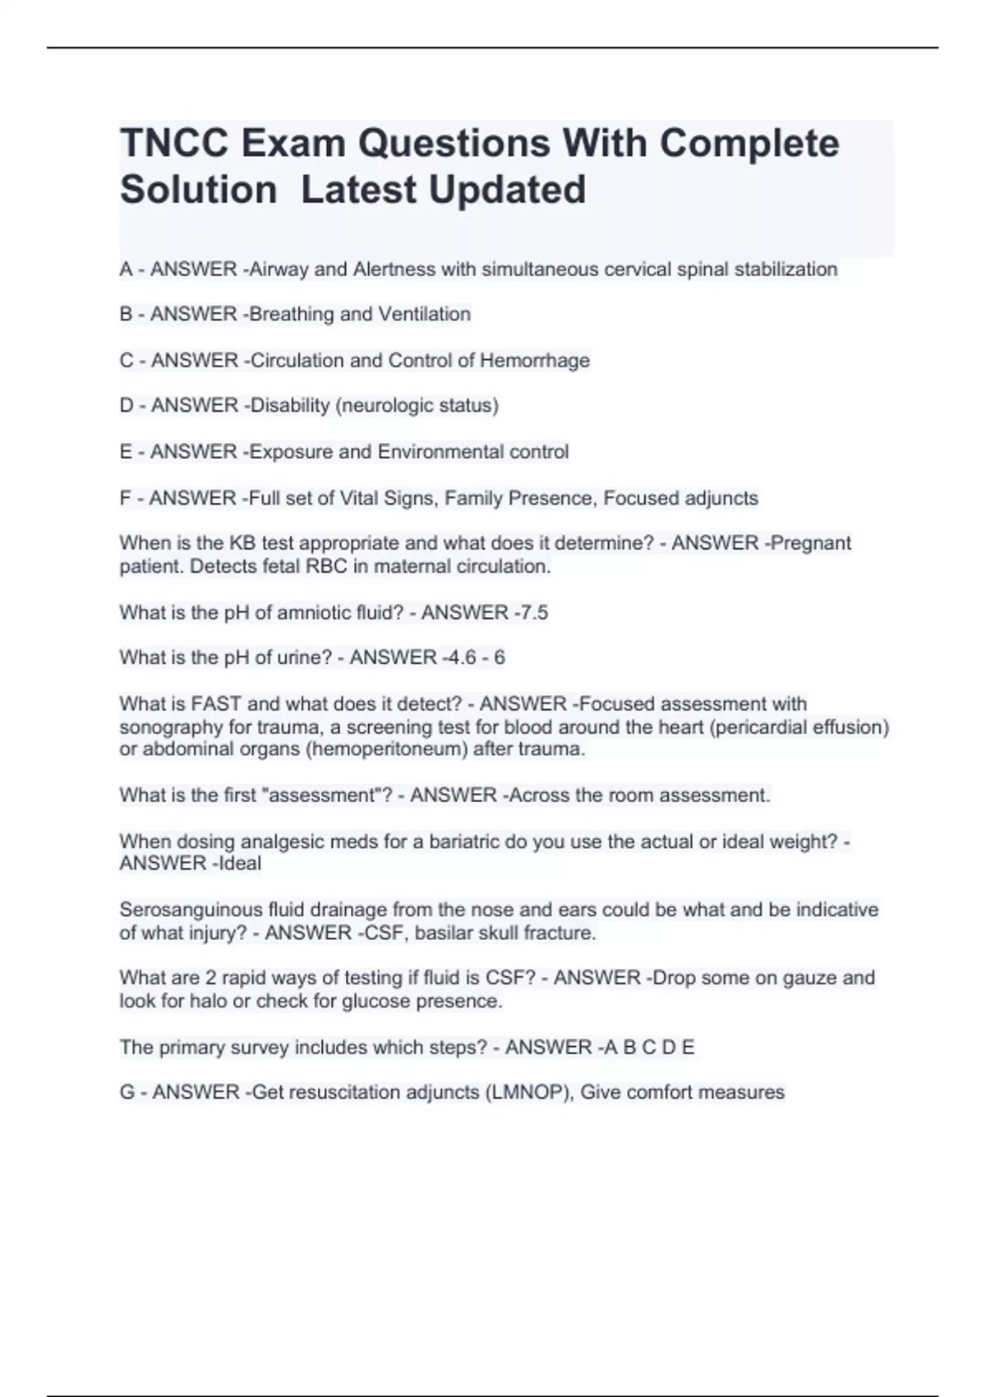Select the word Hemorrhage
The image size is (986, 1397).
(535, 361)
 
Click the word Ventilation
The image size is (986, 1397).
(425, 315)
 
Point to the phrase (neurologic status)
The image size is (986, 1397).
(417, 406)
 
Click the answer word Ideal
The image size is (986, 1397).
(240, 864)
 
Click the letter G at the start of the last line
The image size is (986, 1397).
(127, 1093)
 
